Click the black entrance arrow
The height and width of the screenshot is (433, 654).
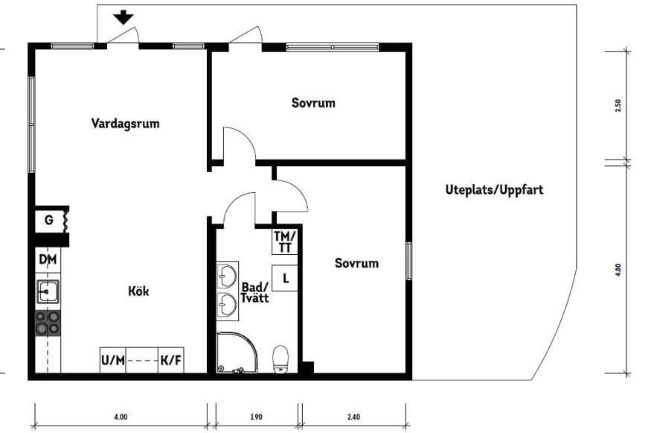click(x=124, y=18)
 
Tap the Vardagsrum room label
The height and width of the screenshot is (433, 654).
click(x=125, y=124)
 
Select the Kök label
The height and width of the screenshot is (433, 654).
click(x=138, y=291)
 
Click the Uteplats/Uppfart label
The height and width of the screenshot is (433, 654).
click(x=494, y=190)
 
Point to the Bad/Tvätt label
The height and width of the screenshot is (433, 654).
click(x=255, y=293)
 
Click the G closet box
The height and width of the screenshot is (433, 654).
click(x=51, y=220)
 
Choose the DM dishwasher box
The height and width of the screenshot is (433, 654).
click(x=48, y=260)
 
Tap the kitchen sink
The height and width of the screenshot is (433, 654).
click(x=48, y=291)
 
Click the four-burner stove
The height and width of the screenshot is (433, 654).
click(x=48, y=323)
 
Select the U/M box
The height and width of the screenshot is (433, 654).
click(x=113, y=360)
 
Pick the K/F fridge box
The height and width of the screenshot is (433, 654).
click(x=171, y=360)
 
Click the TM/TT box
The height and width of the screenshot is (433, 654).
click(x=285, y=241)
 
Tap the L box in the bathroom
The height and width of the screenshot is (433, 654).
click(x=285, y=278)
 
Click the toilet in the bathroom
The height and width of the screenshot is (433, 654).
click(x=280, y=358)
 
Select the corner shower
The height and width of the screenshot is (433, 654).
click(x=237, y=353)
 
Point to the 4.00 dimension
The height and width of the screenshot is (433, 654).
click(x=121, y=417)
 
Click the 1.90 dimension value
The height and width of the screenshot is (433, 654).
click(x=256, y=417)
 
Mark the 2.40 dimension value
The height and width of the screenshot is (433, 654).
click(x=353, y=417)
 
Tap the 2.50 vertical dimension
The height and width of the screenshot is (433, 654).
click(x=618, y=105)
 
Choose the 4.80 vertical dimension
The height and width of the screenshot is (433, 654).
click(x=618, y=270)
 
